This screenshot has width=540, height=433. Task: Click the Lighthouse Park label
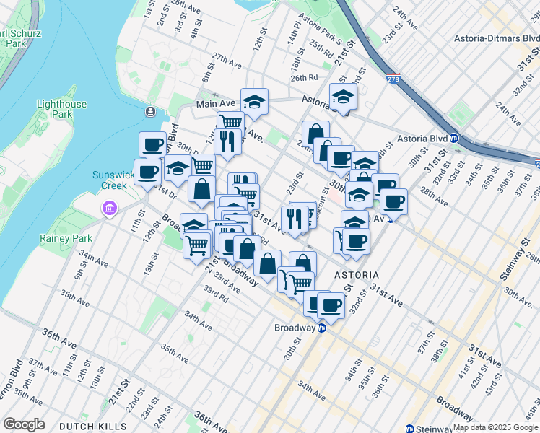[x=61, y=109]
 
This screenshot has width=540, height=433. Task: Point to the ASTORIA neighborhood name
[x=357, y=276]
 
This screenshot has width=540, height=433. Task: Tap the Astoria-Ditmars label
[x=497, y=38]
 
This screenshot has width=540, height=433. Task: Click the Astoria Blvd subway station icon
[x=454, y=139]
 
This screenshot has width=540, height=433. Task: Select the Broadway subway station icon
[x=323, y=328]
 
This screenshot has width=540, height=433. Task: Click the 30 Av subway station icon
[x=390, y=218]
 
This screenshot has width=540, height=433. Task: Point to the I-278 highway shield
[x=393, y=79]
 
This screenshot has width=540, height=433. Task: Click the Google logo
[x=24, y=424]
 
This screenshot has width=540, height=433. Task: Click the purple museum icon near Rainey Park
[x=109, y=209]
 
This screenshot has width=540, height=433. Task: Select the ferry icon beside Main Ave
[x=150, y=112]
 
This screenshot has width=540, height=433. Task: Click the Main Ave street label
[x=215, y=105]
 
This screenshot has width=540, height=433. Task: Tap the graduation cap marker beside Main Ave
[x=254, y=102]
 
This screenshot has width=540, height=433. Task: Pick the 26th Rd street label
[x=304, y=77]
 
